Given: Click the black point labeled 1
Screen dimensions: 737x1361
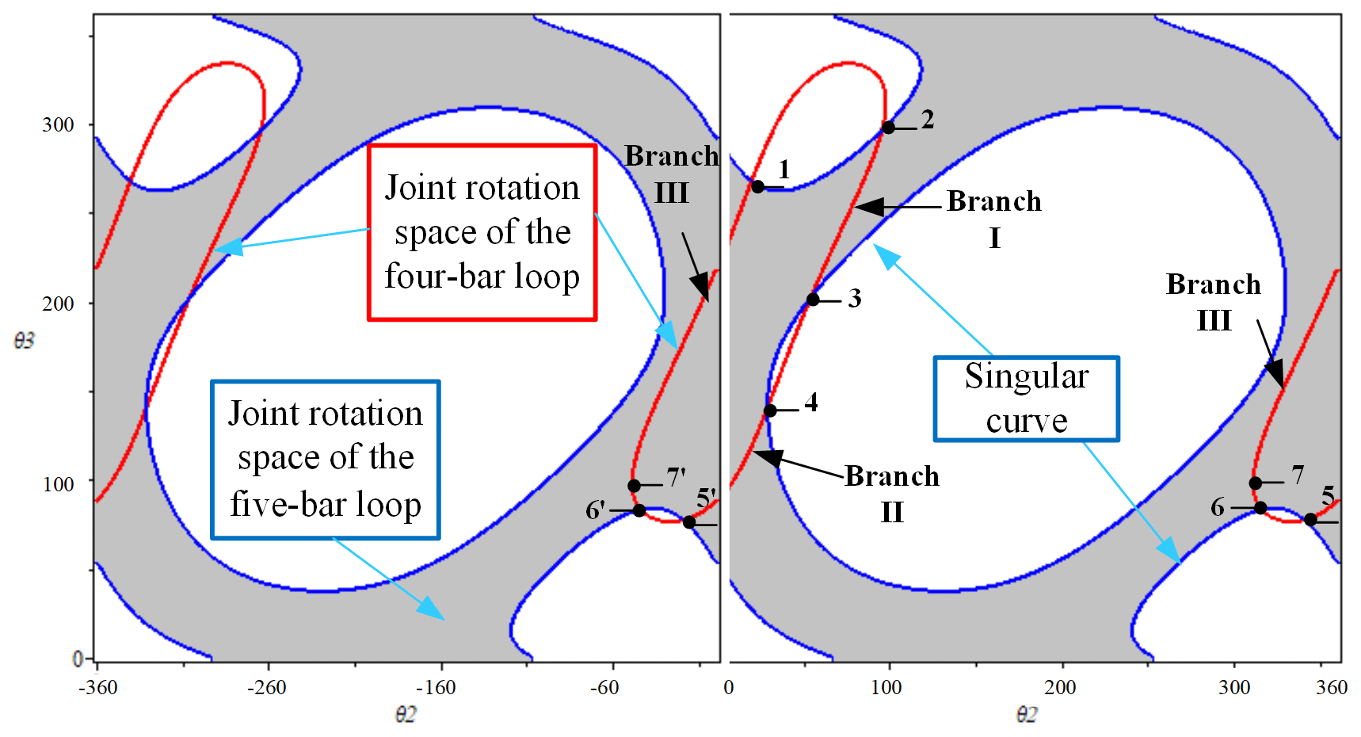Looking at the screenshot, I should (x=757, y=187).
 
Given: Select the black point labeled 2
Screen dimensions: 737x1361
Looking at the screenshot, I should (x=889, y=128).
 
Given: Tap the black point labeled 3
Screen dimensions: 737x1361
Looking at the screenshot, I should (x=813, y=300).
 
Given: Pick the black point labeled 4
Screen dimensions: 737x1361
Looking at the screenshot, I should (x=770, y=411).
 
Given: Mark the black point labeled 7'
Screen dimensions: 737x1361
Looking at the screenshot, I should (x=634, y=486).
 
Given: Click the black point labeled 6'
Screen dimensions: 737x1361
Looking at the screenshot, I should (x=639, y=510).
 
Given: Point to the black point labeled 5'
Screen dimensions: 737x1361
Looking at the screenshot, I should (x=689, y=522).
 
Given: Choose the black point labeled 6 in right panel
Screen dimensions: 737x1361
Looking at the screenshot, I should (x=1260, y=508).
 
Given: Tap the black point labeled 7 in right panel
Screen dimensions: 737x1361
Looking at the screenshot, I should (x=1256, y=483).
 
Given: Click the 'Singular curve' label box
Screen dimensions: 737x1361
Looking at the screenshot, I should (x=1027, y=399).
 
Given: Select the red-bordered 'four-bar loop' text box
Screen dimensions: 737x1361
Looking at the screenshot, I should (x=482, y=232).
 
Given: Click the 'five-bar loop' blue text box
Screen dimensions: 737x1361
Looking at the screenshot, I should (x=326, y=460).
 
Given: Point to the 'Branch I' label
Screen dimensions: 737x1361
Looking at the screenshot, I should (x=994, y=219).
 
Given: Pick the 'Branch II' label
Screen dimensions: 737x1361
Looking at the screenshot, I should (x=892, y=494).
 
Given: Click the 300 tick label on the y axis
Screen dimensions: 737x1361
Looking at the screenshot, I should (x=58, y=125).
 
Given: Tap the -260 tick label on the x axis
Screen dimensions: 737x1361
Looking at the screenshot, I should (x=267, y=687).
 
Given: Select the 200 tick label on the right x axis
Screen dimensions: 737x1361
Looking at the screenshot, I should (x=1060, y=687).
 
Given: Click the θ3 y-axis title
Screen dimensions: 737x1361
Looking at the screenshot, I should (x=25, y=341).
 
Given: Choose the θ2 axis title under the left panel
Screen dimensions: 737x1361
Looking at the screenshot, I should (x=405, y=715).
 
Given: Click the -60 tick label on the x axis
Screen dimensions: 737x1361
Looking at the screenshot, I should (x=604, y=687).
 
